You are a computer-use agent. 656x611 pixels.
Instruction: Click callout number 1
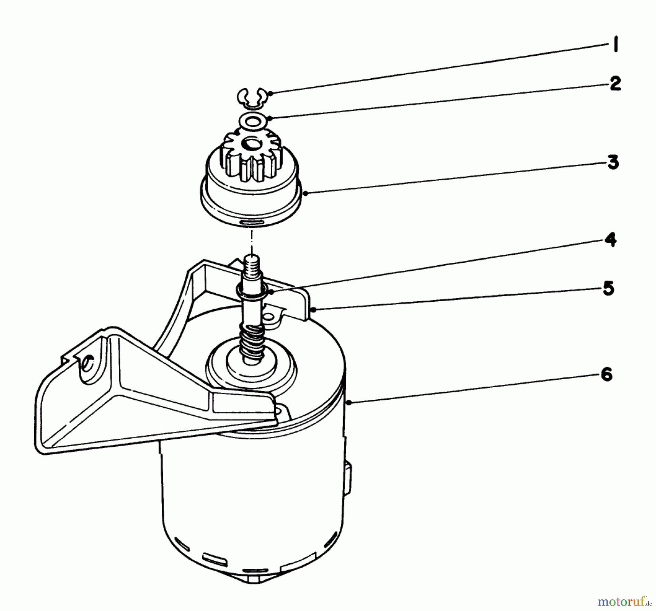[616, 46]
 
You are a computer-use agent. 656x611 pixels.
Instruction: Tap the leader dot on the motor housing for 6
[349, 402]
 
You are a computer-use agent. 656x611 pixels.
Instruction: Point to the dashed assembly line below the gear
[251, 240]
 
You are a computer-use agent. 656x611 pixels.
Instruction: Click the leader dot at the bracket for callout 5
[314, 309]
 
